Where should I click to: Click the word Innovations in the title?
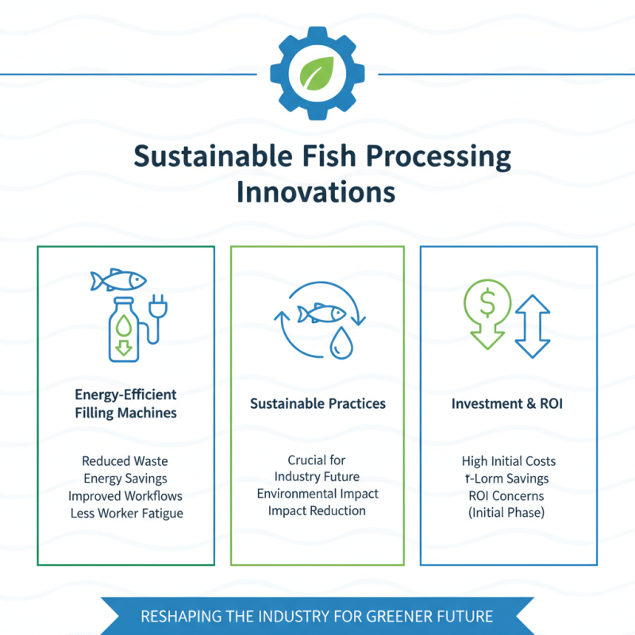tap(317, 192)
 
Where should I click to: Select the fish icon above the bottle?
tap(118, 280)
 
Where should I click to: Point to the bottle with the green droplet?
tap(124, 329)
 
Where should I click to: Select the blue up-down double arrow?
tap(532, 325)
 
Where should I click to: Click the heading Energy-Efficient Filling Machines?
tap(125, 403)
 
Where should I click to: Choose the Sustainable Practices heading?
tap(317, 404)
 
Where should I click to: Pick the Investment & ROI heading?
tap(509, 404)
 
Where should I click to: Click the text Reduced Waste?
tap(125, 460)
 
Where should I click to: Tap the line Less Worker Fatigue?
tap(125, 513)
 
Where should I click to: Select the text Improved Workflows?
tap(125, 495)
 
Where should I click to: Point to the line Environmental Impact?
tap(317, 494)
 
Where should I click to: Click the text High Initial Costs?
tap(509, 461)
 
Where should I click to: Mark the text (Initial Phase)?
tap(509, 514)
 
